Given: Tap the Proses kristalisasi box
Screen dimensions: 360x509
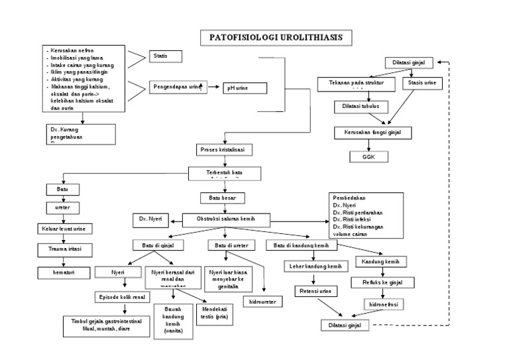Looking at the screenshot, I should pos(222,150).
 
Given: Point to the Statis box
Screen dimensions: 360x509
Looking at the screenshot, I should pos(166,56).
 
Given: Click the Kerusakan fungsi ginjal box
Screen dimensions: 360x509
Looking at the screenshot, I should pos(372,133).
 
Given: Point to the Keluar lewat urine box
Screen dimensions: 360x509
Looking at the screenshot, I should pos(64,229).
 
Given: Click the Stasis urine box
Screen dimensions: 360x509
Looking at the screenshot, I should pos(422,84).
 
